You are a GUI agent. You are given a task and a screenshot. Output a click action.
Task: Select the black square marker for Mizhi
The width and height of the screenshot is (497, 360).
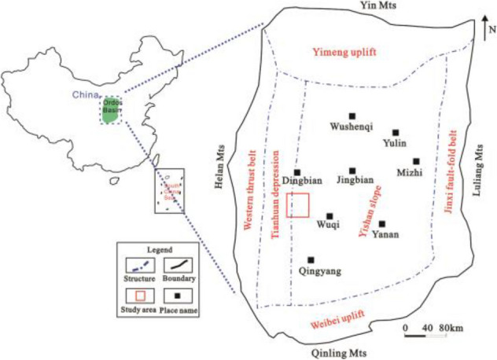coord(416,161)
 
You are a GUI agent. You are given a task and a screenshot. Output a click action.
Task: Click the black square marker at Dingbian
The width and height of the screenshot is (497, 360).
coord(297,173)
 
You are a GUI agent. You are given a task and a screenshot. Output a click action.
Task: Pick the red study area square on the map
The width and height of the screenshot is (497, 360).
coord(298,204)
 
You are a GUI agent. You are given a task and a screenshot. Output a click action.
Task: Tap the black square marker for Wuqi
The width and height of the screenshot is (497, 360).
coord(329,215)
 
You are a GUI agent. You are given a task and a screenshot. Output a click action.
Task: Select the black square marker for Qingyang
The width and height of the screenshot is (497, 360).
coord(311,259)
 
